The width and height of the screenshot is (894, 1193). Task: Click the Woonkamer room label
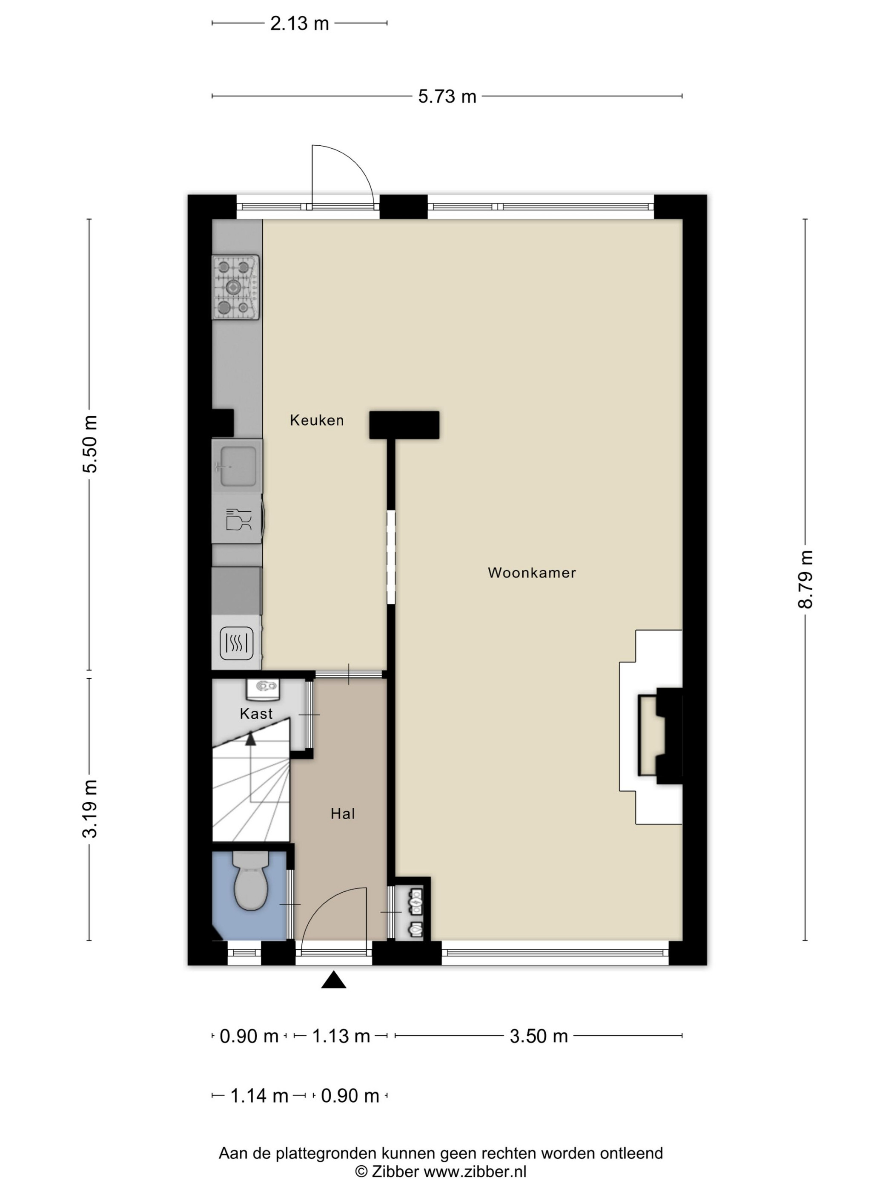click(531, 573)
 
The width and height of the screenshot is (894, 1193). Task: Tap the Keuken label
click(317, 420)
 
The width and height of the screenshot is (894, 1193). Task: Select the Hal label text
click(343, 814)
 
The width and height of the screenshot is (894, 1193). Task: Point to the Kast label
click(257, 714)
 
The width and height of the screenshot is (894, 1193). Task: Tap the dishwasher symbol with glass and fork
click(238, 519)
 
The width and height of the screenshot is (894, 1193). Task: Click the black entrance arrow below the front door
click(334, 980)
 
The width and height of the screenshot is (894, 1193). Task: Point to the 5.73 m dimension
click(447, 97)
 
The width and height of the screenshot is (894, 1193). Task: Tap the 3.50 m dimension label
click(539, 1036)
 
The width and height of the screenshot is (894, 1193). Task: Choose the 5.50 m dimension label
click(89, 444)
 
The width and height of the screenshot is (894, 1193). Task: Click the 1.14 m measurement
click(259, 1096)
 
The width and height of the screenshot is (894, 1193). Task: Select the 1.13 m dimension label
click(341, 1036)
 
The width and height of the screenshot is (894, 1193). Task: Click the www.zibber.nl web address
click(475, 1171)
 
